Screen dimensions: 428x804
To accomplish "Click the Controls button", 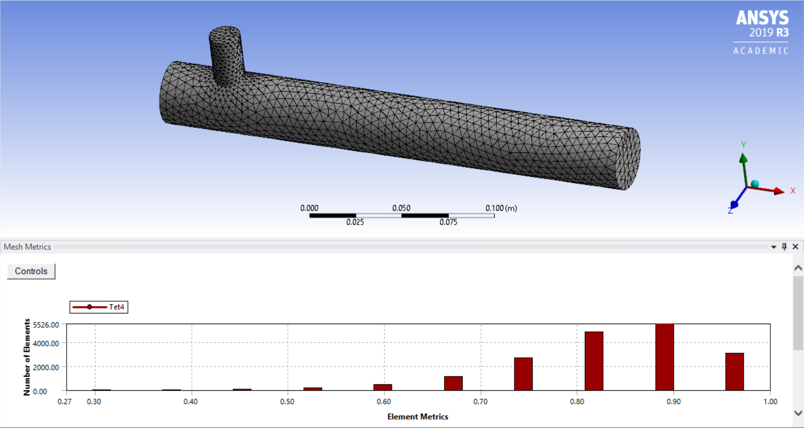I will click(x=31, y=271).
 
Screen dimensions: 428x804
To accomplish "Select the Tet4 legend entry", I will click(x=99, y=306).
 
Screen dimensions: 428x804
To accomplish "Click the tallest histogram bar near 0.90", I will click(x=664, y=357).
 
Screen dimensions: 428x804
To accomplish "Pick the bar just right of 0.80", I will click(x=594, y=361).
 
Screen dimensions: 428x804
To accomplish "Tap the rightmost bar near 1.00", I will click(x=735, y=372).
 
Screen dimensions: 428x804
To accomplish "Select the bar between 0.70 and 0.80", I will click(x=523, y=374).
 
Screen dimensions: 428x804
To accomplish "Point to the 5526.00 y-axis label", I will click(x=46, y=324).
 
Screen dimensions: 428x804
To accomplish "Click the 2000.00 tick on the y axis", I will click(x=46, y=367).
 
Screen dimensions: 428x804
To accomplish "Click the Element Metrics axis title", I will click(x=417, y=417).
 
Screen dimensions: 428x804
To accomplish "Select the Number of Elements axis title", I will click(x=26, y=357).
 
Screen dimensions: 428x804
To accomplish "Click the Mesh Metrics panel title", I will click(x=27, y=247).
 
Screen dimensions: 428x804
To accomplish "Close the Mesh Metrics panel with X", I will click(x=795, y=247).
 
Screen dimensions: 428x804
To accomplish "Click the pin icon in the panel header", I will click(x=784, y=247).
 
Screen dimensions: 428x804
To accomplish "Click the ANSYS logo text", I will click(x=762, y=19).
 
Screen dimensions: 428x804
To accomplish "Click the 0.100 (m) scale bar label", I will click(x=501, y=208).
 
